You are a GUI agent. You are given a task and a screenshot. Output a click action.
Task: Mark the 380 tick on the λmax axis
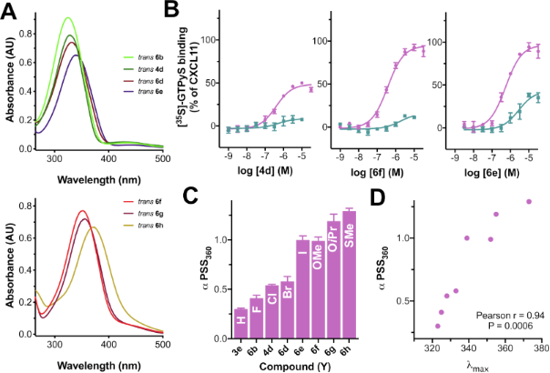coord(539,348)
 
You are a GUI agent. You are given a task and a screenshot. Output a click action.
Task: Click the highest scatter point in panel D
coord(529,202)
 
